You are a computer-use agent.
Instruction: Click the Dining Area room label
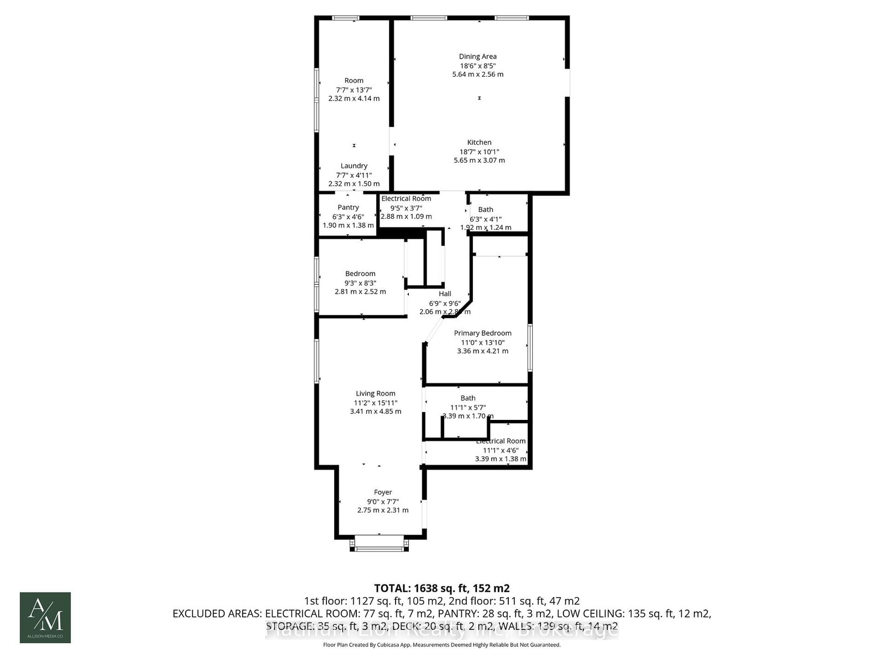477,56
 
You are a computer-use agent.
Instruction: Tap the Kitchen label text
479,143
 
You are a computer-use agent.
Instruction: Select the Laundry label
354,166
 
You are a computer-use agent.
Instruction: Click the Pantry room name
348,208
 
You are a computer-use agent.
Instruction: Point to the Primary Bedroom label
482,333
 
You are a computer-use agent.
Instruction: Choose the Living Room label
375,394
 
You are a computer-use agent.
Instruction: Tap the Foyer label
382,492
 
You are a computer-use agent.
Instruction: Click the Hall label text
445,294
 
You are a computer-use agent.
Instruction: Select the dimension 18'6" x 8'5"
477,65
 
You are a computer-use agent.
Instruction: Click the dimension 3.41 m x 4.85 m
375,412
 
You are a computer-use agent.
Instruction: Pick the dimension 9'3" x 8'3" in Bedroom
360,283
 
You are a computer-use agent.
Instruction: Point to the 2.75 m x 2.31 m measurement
382,511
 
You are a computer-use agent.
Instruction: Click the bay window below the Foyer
380,545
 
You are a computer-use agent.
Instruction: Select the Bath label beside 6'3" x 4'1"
486,209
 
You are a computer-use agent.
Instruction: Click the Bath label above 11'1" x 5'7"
467,398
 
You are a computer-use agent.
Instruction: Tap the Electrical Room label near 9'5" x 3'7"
406,199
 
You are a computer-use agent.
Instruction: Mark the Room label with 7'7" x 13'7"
354,81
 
